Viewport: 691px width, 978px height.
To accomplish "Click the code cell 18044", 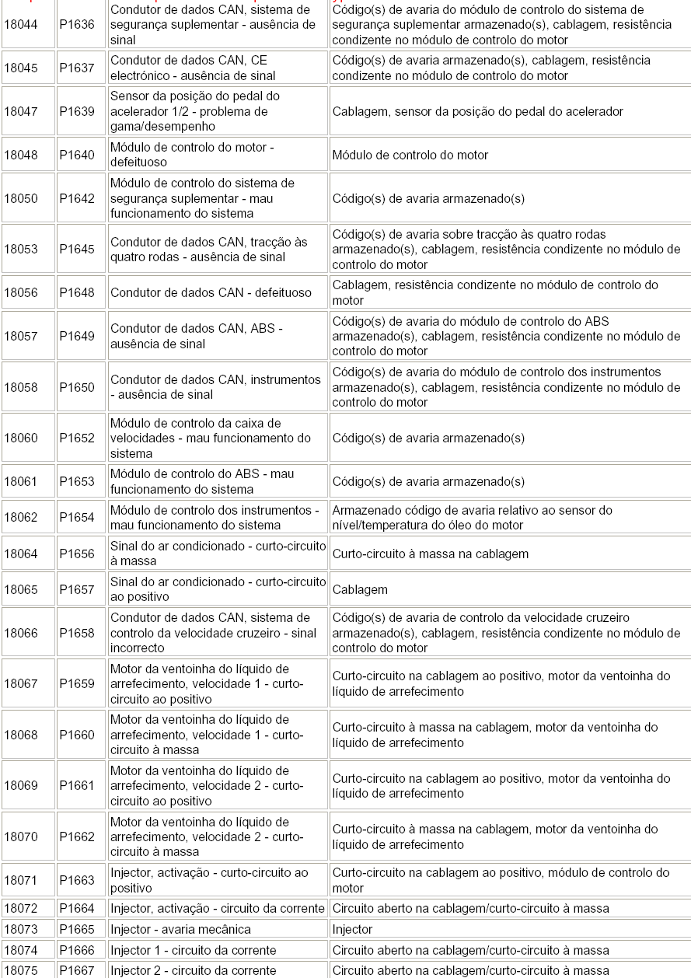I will (x=21, y=25).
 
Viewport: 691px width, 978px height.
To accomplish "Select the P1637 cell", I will (x=77, y=68).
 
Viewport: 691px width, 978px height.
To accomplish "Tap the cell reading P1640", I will (x=77, y=155).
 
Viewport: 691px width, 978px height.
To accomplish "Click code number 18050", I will (x=21, y=199).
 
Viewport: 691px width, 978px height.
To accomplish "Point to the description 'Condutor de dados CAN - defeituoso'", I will (x=211, y=293).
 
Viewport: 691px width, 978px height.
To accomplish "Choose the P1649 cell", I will (x=77, y=337).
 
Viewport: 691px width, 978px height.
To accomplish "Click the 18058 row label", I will (x=21, y=388).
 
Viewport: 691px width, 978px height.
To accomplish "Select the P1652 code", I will (x=77, y=438).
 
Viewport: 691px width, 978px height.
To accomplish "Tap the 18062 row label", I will (x=21, y=518).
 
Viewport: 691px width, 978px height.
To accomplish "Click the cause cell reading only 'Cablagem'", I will (x=360, y=590).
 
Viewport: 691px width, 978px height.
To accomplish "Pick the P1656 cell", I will (x=77, y=554).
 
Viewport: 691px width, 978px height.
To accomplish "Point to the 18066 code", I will (x=21, y=634).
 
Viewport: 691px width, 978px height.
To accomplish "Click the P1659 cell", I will (x=77, y=684).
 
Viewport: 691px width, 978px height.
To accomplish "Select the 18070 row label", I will (x=21, y=837).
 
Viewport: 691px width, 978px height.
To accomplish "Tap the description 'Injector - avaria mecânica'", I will (x=180, y=930).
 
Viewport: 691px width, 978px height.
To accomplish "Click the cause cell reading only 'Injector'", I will (x=353, y=930).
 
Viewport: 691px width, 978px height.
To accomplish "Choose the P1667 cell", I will (x=77, y=970).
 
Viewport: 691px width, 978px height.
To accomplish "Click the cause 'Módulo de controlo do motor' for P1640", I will (x=410, y=155).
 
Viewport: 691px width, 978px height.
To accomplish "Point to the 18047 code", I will (x=21, y=112).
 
